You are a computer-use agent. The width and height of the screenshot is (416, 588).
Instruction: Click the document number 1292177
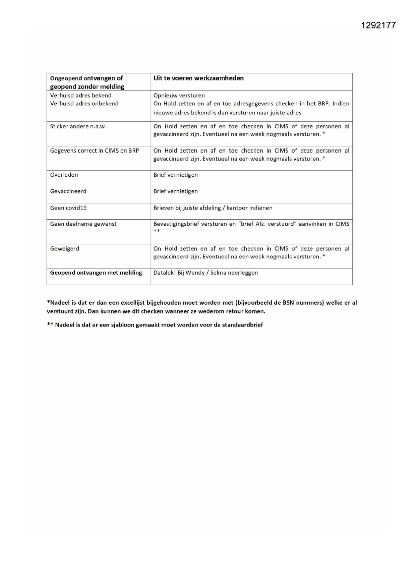(x=378, y=25)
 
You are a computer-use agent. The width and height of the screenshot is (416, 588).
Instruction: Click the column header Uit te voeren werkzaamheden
(x=198, y=78)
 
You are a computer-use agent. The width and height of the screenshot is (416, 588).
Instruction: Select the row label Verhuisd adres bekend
(x=81, y=95)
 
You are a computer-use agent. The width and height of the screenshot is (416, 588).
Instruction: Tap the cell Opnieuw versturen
(x=179, y=95)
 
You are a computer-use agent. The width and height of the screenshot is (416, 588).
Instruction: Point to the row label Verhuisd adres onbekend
(x=84, y=104)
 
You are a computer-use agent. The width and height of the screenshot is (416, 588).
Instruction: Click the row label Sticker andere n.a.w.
(x=78, y=126)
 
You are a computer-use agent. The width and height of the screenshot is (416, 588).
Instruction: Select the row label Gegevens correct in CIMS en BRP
(x=95, y=151)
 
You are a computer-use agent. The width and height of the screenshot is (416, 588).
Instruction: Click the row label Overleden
(x=64, y=175)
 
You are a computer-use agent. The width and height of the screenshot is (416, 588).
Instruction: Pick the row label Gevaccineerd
(x=68, y=191)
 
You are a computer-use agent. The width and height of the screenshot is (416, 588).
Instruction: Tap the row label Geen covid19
(x=68, y=208)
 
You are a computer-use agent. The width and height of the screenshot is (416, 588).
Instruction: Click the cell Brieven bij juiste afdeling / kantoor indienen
(x=213, y=208)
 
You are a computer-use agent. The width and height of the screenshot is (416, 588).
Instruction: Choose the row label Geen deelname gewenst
(x=83, y=224)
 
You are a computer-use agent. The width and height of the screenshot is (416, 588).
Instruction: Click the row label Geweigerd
(x=65, y=248)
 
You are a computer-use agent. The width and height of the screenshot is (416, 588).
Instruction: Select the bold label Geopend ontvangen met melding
(x=96, y=273)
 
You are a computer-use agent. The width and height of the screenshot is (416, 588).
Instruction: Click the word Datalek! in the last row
(x=164, y=273)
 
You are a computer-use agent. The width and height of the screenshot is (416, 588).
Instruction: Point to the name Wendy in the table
(x=195, y=273)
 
